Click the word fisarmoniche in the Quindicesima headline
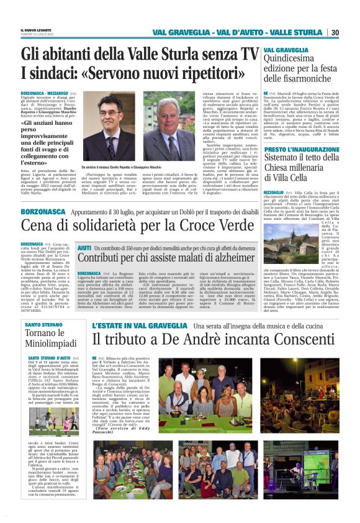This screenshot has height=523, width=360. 301,79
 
